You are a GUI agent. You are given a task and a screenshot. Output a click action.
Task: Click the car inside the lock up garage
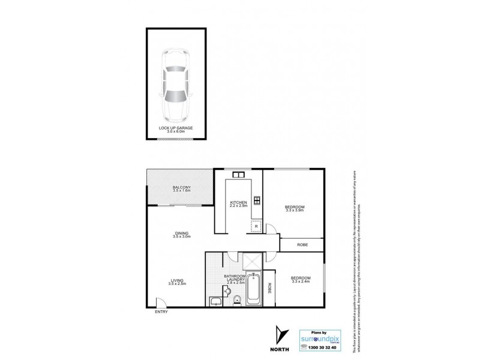point(175,83)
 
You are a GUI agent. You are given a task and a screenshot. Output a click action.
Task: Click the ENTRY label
point(161,312)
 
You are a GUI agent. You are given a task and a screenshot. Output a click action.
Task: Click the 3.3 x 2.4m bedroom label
point(301,280)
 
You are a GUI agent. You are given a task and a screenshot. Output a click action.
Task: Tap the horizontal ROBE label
point(303,244)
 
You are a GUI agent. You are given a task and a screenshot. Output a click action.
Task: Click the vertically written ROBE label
point(270,288)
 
